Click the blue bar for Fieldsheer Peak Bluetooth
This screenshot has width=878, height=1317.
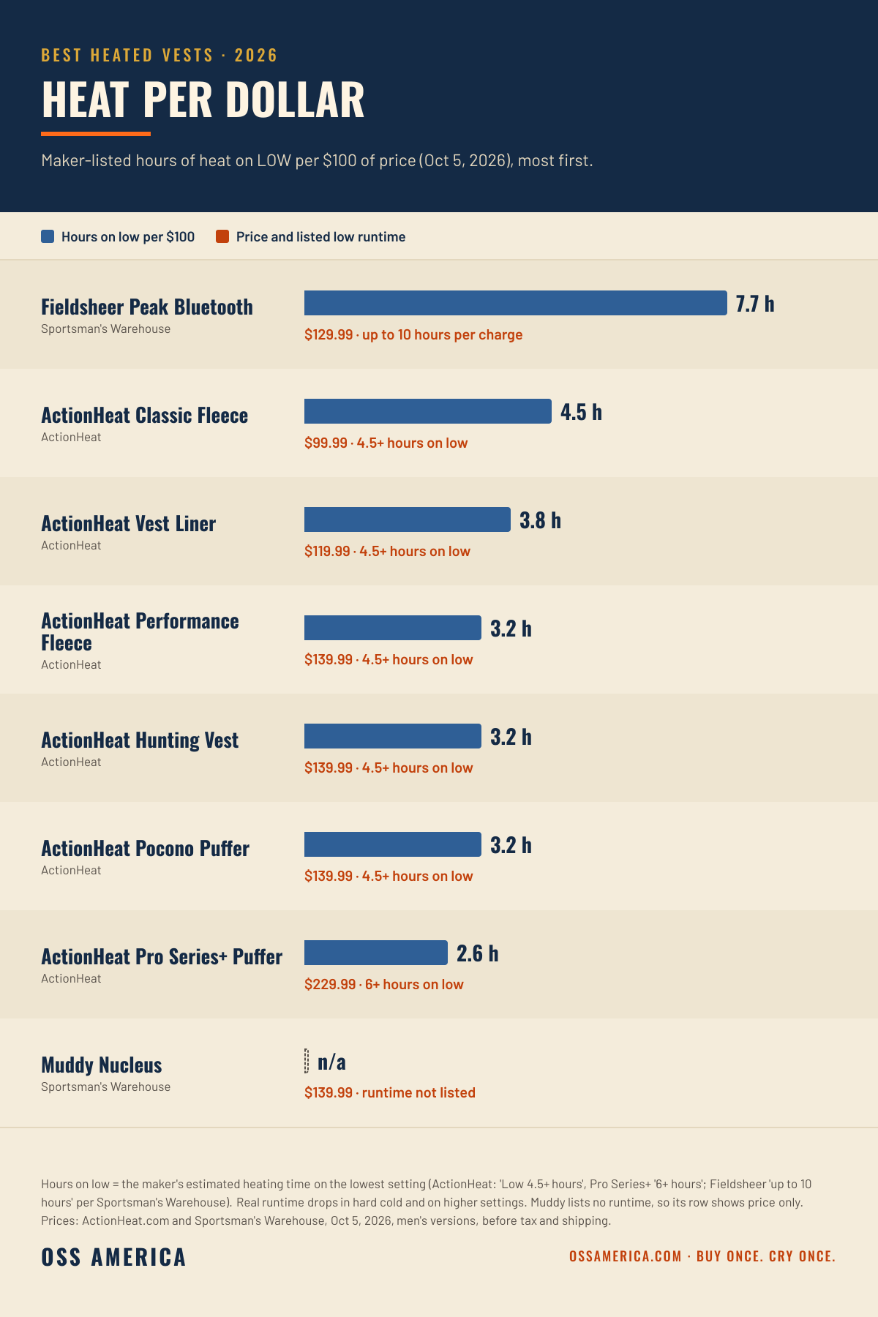(516, 303)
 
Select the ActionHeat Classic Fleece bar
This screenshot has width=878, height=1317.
(428, 411)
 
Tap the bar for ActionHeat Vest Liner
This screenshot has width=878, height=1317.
(408, 519)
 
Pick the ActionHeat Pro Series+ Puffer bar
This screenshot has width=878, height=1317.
(376, 953)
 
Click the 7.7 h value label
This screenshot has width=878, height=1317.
(755, 304)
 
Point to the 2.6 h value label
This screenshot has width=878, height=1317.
(478, 953)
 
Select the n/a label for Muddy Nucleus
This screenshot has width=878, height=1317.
(331, 1062)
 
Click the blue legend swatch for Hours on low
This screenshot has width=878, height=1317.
(48, 236)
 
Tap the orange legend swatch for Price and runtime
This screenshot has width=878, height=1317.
(222, 236)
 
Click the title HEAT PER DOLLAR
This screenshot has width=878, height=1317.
(203, 100)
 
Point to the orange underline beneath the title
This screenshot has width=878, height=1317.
(96, 134)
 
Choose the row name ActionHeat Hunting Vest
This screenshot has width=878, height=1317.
(140, 740)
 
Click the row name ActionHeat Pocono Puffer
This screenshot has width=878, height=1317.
(145, 848)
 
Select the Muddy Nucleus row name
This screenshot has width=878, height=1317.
(102, 1065)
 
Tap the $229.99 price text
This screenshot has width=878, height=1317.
(330, 984)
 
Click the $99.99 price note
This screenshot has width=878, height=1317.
(326, 443)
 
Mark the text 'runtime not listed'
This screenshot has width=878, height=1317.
(419, 1092)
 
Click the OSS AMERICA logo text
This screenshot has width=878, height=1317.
(113, 1257)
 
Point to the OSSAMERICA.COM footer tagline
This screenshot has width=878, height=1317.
(702, 1256)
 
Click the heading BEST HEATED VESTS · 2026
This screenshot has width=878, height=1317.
(160, 55)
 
